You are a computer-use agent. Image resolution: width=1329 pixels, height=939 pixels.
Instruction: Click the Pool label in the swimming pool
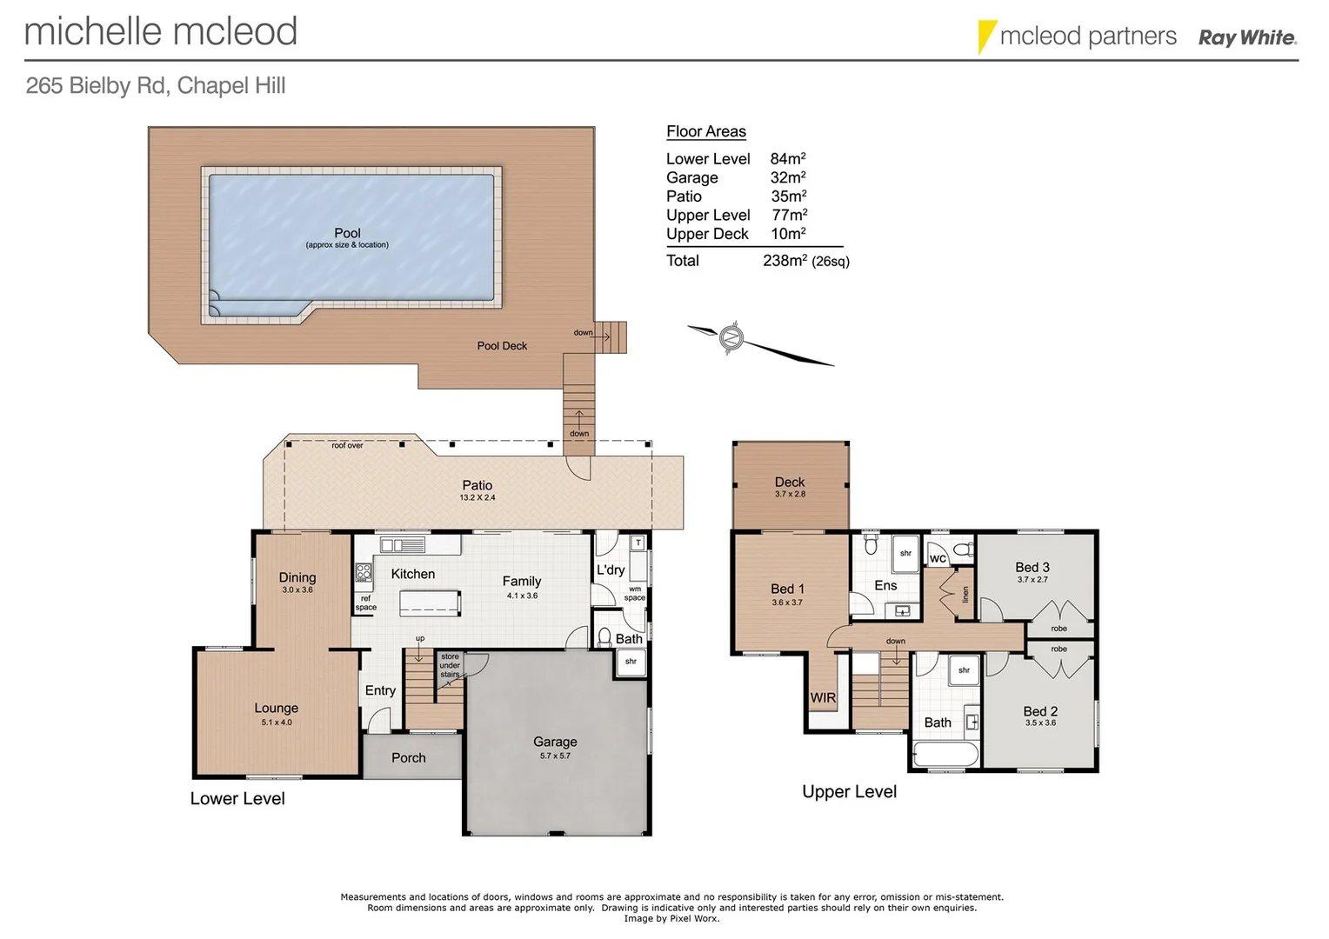[347, 233]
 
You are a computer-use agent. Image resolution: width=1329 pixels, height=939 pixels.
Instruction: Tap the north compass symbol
[732, 336]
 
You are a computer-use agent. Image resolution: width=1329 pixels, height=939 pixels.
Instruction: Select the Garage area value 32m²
[788, 177]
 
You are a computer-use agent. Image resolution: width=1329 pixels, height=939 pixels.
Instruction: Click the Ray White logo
[1246, 37]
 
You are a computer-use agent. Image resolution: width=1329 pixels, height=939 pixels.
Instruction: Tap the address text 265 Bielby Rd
[98, 86]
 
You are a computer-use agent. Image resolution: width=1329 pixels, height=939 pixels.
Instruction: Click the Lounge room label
[276, 708]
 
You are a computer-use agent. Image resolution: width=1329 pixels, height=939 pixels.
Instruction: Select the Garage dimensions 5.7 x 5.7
[555, 756]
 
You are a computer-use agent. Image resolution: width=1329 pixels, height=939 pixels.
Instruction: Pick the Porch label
[408, 757]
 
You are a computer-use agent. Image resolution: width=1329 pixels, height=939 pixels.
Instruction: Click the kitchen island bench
[430, 603]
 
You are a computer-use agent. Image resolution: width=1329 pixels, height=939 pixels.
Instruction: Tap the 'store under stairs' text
[450, 666]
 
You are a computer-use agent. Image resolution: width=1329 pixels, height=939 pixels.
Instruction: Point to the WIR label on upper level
[823, 697]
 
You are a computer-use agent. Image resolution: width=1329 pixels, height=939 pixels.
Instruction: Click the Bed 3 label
[1032, 567]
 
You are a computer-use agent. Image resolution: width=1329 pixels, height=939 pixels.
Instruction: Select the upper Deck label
[790, 482]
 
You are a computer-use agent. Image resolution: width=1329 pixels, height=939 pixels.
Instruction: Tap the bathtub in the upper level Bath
[945, 755]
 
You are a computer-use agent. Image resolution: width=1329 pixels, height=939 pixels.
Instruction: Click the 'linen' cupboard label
[965, 595]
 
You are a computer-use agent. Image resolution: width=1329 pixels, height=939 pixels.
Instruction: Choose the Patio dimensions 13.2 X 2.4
[477, 498]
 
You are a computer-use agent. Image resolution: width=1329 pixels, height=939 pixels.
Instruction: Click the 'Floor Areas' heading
[706, 131]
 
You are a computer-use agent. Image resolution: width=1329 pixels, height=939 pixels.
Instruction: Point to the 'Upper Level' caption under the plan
[849, 791]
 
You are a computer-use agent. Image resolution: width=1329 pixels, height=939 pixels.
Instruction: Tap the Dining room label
[297, 577]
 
